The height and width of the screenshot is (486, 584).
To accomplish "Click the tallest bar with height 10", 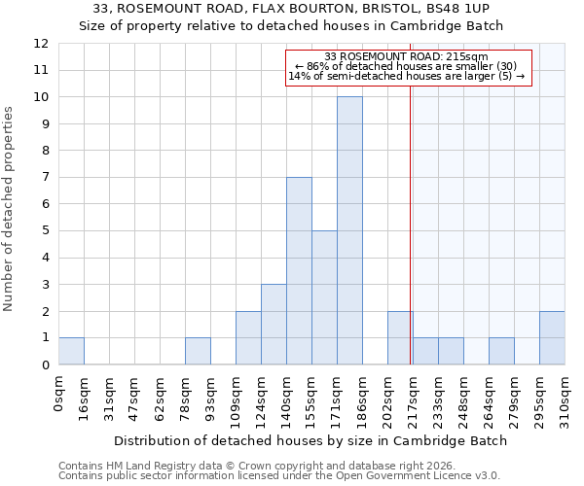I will (349, 230).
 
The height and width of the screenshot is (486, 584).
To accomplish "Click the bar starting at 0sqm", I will (71, 351).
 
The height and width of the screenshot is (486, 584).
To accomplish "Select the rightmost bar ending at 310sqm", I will (552, 338).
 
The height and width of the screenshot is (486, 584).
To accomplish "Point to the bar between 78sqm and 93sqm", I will (198, 351).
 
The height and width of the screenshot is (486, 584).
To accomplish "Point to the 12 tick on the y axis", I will (41, 44).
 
